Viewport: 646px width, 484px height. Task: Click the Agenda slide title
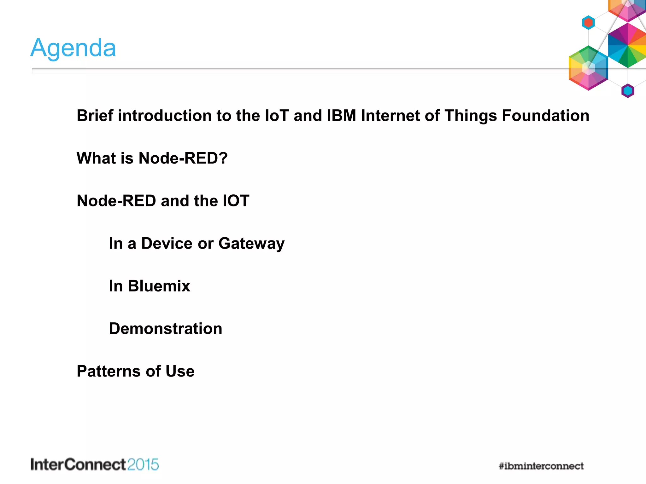[x=73, y=48]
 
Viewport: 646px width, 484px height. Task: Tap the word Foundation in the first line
[x=545, y=116]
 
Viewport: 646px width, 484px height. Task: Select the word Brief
[x=95, y=116]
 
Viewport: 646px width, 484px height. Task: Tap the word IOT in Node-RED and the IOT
[x=236, y=201]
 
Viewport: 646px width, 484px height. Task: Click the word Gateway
[x=251, y=244]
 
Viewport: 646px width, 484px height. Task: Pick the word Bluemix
[x=159, y=286]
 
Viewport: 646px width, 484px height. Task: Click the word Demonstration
[x=166, y=329]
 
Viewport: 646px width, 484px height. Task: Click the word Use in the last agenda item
[x=180, y=371]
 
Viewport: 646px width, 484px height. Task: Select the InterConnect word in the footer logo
[x=78, y=465]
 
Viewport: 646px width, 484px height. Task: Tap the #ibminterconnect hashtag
[x=541, y=466]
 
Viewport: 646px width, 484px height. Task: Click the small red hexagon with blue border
[x=588, y=23]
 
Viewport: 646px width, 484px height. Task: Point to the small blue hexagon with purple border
[x=628, y=91]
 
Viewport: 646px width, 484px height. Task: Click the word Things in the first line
[x=471, y=116]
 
